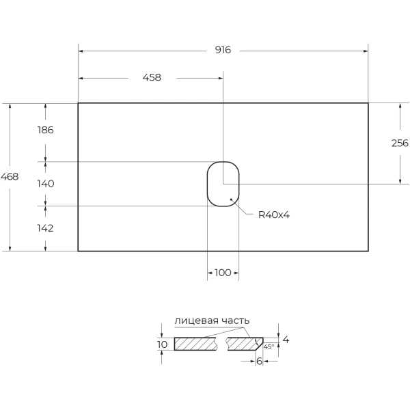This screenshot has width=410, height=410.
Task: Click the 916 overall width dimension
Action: click(x=223, y=50)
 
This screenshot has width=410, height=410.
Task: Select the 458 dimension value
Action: click(x=152, y=77)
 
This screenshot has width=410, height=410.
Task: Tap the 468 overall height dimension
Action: click(x=10, y=176)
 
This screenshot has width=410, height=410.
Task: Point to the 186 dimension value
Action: click(x=45, y=130)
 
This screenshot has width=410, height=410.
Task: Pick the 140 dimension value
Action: click(x=45, y=184)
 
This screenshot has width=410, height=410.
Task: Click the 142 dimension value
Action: click(x=45, y=228)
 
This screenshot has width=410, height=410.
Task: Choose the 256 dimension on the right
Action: click(x=400, y=143)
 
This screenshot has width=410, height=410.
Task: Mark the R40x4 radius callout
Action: click(x=274, y=215)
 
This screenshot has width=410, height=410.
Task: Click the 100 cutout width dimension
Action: click(x=223, y=273)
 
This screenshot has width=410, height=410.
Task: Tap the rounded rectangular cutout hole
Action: click(x=223, y=184)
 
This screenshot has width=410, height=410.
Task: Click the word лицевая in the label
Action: click(x=197, y=320)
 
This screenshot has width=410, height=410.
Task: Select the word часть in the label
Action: click(x=235, y=320)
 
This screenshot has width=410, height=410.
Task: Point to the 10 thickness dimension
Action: click(x=162, y=344)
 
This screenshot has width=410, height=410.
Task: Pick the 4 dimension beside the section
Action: click(x=286, y=340)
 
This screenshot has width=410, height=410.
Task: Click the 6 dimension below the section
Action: click(x=259, y=361)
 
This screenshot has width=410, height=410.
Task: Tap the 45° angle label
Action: click(x=269, y=347)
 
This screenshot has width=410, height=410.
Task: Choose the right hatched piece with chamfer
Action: click(x=244, y=343)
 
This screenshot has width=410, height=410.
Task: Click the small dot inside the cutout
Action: click(x=232, y=200)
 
